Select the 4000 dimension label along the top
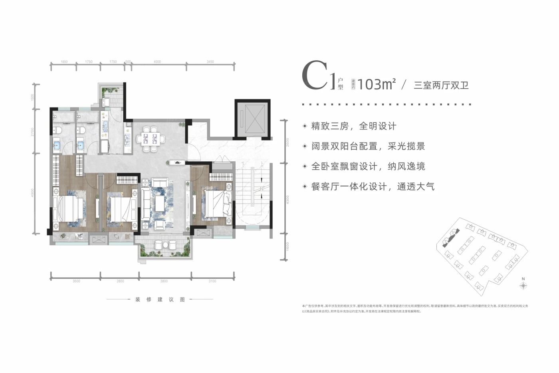point(157,62)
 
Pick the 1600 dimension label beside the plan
point(287,247)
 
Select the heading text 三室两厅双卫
point(441,85)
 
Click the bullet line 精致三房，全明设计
point(353,126)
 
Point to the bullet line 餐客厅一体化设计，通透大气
point(373,186)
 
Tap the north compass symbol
point(523,285)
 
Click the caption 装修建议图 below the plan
point(160,300)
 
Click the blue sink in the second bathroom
point(81,145)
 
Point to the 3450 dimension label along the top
point(210,62)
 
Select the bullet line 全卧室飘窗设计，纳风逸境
point(368,167)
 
